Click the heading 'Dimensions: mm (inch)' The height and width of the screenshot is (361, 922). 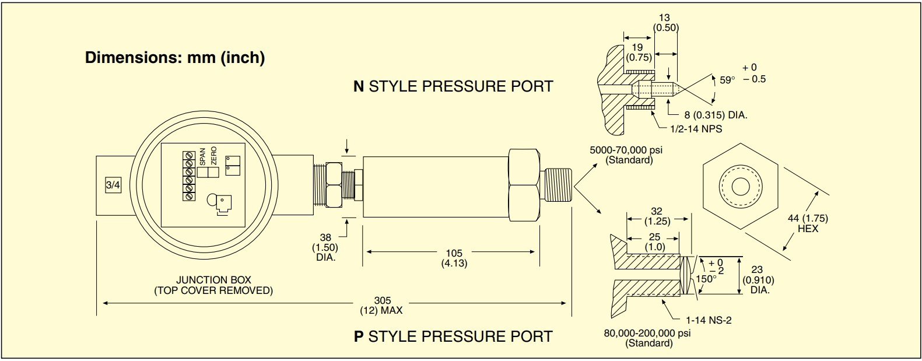point(174,58)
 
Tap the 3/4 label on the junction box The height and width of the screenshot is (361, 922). point(113,185)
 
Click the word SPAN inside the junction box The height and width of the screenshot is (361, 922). point(202,156)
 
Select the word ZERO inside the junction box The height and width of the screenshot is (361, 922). point(213,156)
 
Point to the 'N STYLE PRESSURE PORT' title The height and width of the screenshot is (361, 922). point(453,86)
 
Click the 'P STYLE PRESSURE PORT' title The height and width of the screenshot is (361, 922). point(453,337)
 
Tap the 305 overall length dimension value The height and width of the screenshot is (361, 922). point(383,301)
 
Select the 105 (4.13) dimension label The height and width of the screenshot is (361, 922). point(454,258)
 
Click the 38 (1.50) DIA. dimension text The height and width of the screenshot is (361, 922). point(325,247)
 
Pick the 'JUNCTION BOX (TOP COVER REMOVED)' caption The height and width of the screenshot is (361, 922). point(213,285)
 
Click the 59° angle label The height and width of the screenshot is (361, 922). point(727,80)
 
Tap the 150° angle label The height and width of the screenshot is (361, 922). point(706,279)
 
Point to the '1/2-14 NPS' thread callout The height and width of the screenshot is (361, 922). point(696,129)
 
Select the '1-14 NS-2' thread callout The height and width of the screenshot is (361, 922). point(708,320)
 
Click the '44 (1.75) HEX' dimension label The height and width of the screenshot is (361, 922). point(808,223)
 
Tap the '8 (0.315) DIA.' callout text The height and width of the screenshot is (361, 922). point(716,115)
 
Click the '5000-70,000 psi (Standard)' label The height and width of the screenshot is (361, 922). point(626,155)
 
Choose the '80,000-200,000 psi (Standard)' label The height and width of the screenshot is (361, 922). point(647,338)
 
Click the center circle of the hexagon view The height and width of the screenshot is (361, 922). point(741,187)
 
